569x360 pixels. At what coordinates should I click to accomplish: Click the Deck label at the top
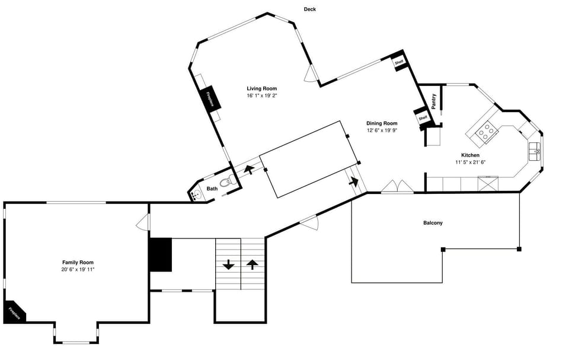(309, 9)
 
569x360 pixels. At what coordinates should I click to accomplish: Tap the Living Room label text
(261, 88)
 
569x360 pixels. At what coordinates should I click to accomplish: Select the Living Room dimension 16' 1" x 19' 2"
(261, 95)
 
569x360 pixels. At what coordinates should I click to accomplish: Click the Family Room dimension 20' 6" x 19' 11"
(78, 269)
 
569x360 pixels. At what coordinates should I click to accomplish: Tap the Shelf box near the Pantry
(423, 118)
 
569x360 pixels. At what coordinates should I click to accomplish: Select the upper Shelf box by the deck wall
(399, 62)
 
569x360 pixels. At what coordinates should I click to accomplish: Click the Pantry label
(434, 101)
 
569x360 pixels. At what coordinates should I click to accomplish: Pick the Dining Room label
(382, 123)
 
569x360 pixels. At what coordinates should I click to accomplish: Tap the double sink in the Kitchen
(536, 151)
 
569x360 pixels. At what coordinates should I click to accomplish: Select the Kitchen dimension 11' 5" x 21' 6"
(470, 162)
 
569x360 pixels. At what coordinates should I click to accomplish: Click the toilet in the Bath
(226, 183)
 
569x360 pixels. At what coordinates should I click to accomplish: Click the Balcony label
(433, 223)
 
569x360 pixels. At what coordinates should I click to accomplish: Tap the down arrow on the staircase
(228, 265)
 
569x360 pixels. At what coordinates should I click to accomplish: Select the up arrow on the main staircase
(252, 265)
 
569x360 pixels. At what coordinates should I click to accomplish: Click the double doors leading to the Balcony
(397, 187)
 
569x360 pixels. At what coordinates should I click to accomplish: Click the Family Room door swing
(141, 223)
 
